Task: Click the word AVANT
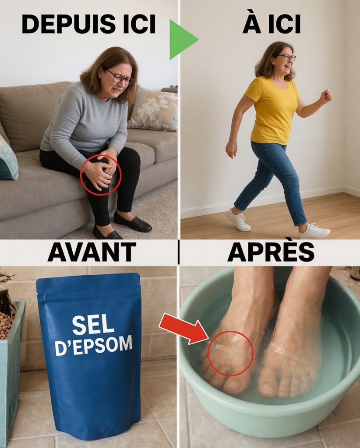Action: point(92,252)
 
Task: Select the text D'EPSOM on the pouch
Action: point(93,346)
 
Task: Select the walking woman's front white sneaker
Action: point(314,231)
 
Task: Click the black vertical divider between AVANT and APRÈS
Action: point(179,252)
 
